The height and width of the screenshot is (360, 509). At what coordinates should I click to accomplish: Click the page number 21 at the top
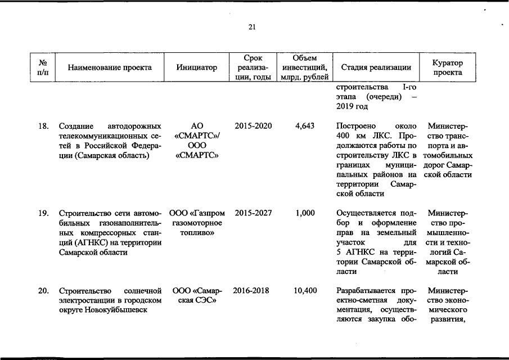click(x=251, y=26)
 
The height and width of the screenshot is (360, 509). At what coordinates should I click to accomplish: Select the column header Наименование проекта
click(x=110, y=67)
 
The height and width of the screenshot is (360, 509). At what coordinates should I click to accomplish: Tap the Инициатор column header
click(x=196, y=67)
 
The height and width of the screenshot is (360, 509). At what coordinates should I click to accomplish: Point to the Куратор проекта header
click(x=448, y=67)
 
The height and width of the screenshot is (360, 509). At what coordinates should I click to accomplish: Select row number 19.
click(x=43, y=213)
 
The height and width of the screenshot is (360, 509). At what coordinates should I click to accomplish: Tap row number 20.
click(x=43, y=291)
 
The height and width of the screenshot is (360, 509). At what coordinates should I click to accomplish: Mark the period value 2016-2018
click(x=251, y=291)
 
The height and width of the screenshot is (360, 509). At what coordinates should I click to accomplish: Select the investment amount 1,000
click(x=304, y=213)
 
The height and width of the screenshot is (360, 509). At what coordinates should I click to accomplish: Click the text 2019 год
click(x=352, y=106)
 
